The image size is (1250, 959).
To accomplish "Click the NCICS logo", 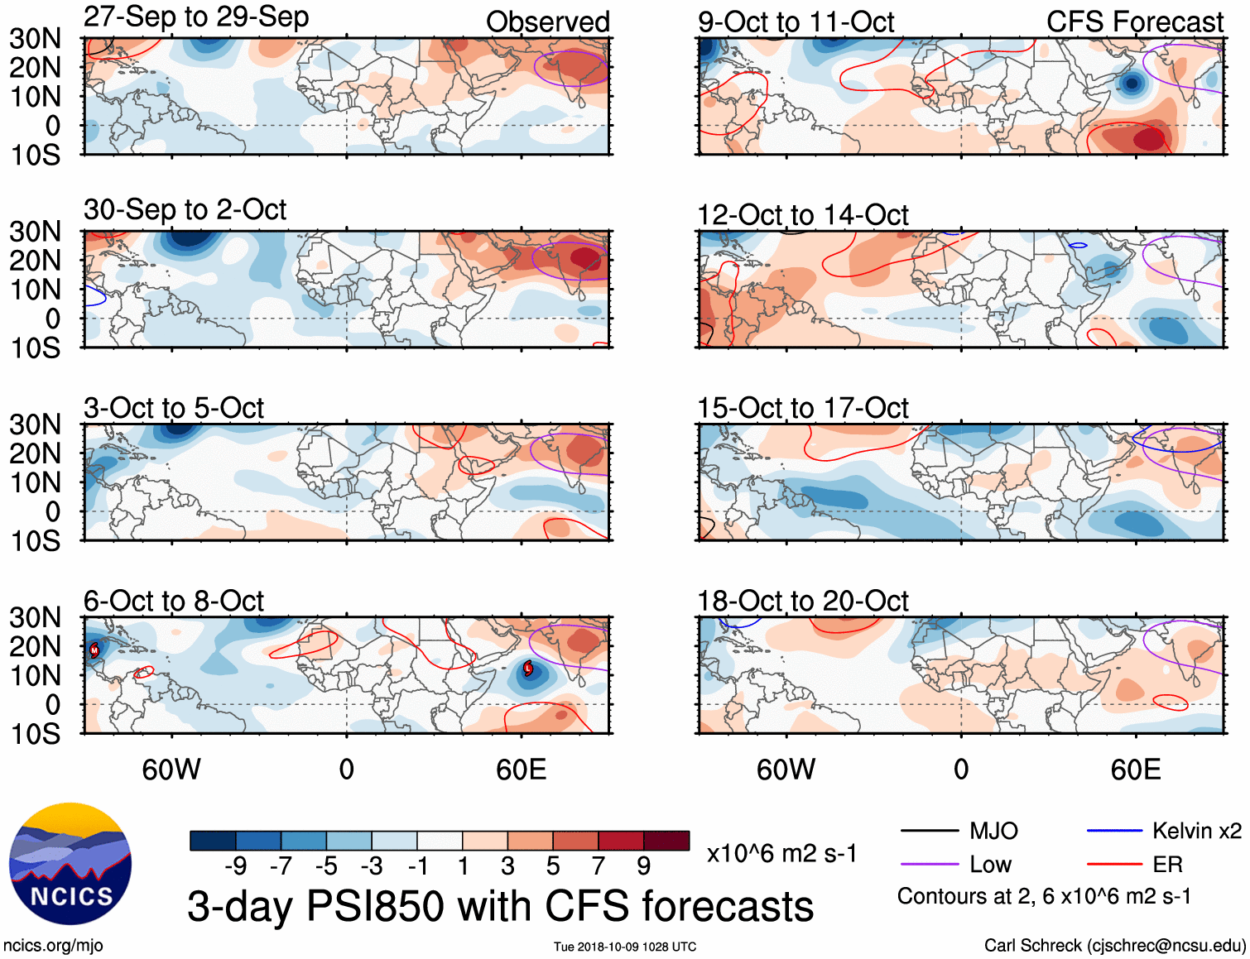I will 70,863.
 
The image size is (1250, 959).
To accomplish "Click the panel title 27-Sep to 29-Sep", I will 196,17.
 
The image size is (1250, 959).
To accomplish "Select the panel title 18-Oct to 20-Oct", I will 802,601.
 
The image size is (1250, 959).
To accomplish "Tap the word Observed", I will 547,22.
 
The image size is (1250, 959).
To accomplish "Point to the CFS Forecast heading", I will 1134,22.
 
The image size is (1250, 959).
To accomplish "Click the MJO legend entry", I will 993,831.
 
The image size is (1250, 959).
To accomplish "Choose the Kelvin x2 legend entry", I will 1196,831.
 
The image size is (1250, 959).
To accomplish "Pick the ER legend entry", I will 1167,865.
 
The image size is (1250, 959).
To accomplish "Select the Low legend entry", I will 990,865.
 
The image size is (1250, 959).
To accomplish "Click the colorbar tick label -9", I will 235,866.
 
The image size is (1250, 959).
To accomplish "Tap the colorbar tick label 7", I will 599,866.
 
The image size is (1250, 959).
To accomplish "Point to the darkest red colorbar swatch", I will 666,841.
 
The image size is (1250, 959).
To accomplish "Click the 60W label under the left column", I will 171,770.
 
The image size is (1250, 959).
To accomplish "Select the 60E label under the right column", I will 1135,770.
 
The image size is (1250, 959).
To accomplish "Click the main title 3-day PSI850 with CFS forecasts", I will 500,906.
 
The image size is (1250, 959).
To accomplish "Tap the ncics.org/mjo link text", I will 53,945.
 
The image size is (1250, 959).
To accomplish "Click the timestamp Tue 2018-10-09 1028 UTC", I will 625,947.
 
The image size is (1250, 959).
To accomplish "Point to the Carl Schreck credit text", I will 1114,945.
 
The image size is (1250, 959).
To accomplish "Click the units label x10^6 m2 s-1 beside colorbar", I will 781,853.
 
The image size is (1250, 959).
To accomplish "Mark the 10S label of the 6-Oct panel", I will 36,734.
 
